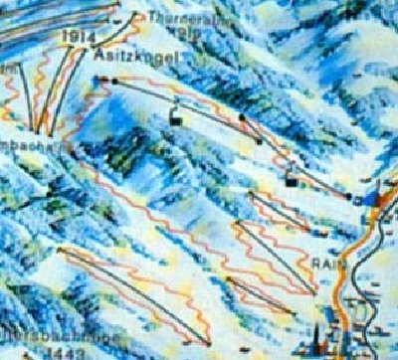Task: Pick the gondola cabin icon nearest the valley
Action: pyautogui.click(x=291, y=180)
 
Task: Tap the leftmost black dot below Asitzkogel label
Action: pyautogui.click(x=99, y=79)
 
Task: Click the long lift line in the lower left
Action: pyautogui.click(x=129, y=293)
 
